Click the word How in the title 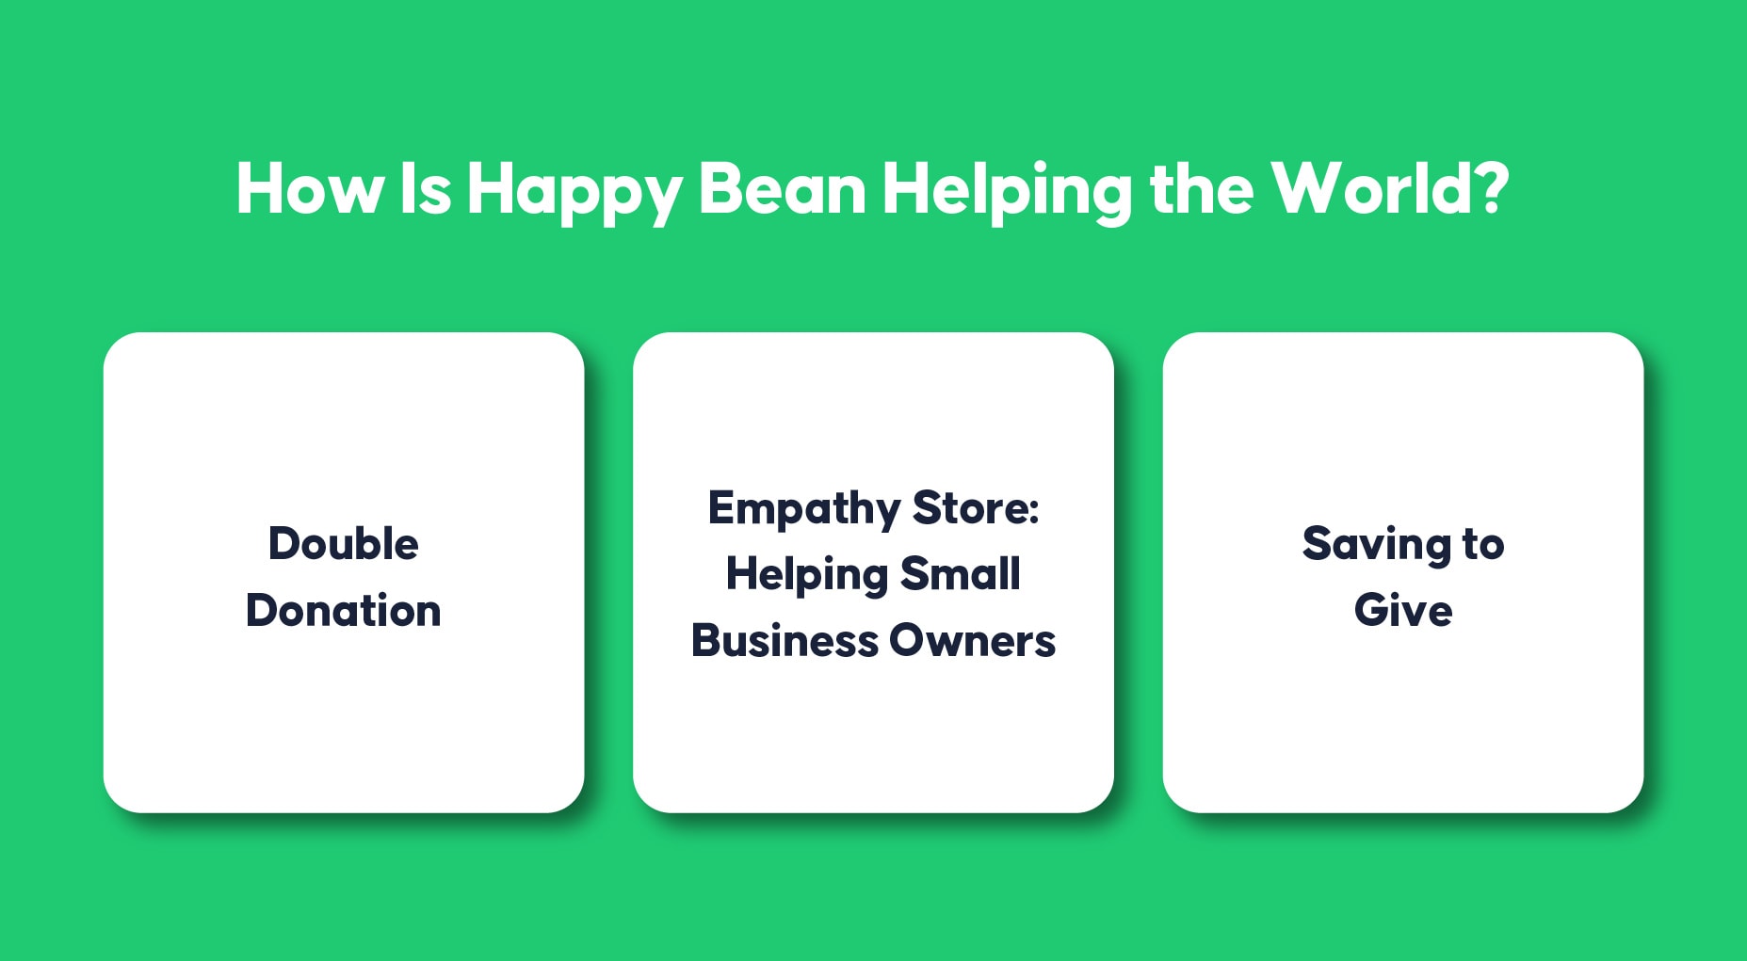coord(310,189)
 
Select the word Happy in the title coord(574,194)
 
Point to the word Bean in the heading coord(782,189)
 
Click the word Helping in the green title coord(1007,193)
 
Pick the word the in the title coord(1202,188)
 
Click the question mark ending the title coord(1492,188)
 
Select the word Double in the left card coord(344,543)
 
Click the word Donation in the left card coord(344,610)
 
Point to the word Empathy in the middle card coord(804,510)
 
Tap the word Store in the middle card coord(971,508)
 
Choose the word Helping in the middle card coord(807,576)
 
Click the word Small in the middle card coord(961,573)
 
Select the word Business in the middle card coord(785,641)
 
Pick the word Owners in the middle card coord(973,641)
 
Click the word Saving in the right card coord(1376,546)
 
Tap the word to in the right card coord(1483,545)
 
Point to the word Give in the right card coord(1403,610)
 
